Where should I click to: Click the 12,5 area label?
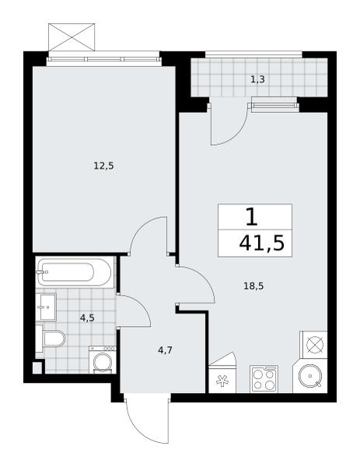point(104,166)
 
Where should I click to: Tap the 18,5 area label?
point(253,286)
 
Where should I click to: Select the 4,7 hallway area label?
point(165,350)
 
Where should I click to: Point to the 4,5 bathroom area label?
point(87,318)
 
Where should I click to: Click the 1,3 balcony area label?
point(257,79)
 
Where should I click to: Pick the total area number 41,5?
point(262,244)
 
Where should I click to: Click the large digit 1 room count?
point(252,217)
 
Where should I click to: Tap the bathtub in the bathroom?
point(75,272)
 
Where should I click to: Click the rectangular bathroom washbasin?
point(46,307)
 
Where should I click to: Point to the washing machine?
point(103,360)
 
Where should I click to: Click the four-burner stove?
point(264,379)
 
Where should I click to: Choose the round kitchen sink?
point(310,377)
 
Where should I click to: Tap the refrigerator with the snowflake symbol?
point(222,380)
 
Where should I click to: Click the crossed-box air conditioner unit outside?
point(72,37)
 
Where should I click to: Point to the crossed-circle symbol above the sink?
point(314,345)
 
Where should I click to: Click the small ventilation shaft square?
point(37,367)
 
